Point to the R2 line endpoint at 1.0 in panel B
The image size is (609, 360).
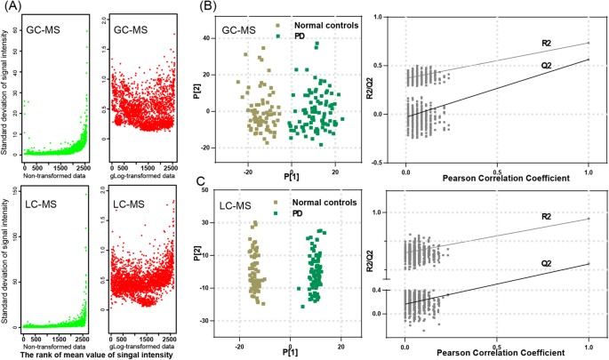click(x=589, y=42)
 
